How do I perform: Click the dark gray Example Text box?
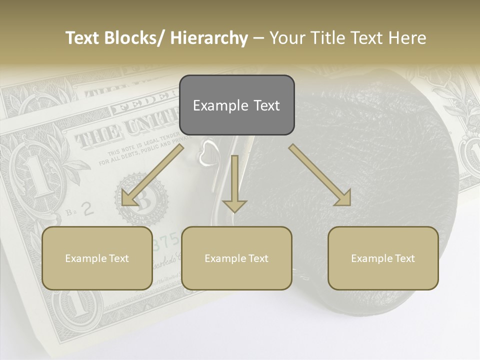[x=236, y=105]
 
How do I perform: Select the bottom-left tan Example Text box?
[x=97, y=258]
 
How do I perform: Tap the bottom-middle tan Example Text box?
[x=236, y=258]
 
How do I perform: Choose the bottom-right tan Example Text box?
[x=383, y=258]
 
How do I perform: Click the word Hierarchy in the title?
[x=209, y=38]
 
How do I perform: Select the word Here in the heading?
[x=407, y=38]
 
